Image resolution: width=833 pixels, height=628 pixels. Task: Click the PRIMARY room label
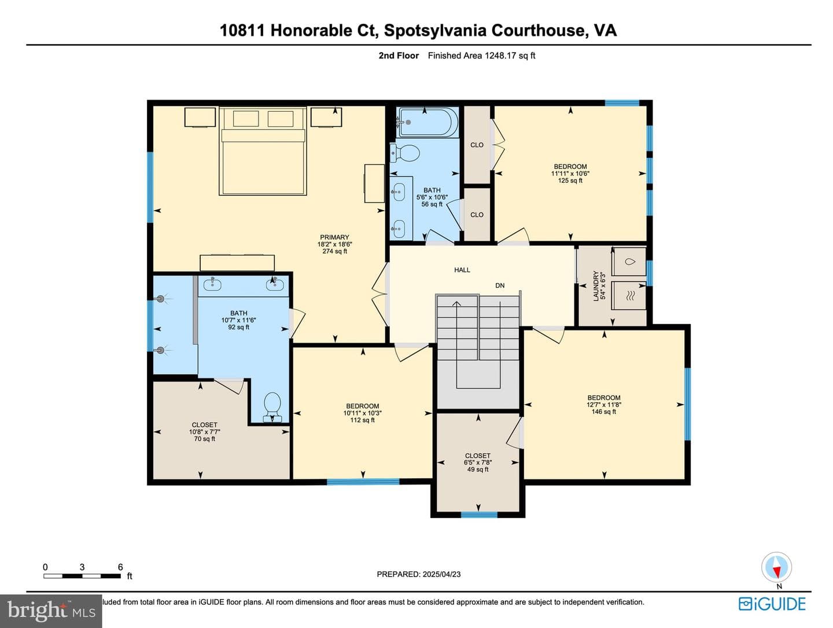tap(334, 237)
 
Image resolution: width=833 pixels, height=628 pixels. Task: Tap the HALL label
tap(462, 270)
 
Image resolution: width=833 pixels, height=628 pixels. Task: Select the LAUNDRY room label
tap(595, 285)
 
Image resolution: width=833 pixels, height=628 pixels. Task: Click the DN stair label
tap(500, 285)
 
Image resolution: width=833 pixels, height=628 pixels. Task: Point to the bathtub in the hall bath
tap(427, 122)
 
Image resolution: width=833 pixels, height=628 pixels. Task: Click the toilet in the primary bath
tap(272, 407)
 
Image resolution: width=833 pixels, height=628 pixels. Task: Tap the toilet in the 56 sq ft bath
tap(405, 153)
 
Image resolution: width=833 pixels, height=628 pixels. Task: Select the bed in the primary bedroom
tap(263, 151)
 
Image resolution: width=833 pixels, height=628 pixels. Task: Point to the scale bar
tap(82, 576)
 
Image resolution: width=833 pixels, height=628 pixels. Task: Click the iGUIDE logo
tap(772, 604)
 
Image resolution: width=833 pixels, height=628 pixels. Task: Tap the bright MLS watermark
tap(51, 611)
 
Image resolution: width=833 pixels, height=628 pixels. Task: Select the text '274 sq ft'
tap(334, 251)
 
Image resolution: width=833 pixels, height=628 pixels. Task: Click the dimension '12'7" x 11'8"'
tap(603, 405)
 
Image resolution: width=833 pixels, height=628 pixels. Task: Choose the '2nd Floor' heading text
tap(399, 56)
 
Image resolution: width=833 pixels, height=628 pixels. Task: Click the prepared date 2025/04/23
tap(440, 575)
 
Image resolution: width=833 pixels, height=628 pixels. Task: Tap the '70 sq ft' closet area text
tap(204, 439)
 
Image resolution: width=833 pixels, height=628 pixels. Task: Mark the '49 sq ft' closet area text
tap(477, 469)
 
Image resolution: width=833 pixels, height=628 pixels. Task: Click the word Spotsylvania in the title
tap(435, 31)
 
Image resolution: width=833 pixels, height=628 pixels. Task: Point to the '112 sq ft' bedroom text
tap(362, 420)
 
